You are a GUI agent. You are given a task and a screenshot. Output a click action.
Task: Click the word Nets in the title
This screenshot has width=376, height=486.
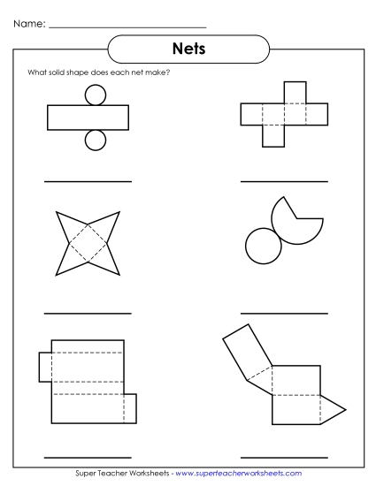click(x=188, y=49)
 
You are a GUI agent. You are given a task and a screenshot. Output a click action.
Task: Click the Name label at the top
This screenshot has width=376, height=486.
click(x=29, y=25)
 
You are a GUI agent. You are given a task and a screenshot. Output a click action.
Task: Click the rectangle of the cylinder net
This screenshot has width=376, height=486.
click(x=88, y=117)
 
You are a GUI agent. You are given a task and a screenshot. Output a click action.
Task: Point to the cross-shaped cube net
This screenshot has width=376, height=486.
click(x=283, y=116)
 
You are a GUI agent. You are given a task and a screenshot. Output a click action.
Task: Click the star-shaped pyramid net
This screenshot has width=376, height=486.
click(x=87, y=241)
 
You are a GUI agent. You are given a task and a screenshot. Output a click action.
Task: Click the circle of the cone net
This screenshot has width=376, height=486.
click(x=261, y=246)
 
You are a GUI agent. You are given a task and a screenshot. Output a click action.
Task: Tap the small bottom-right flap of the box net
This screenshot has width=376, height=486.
click(x=129, y=407)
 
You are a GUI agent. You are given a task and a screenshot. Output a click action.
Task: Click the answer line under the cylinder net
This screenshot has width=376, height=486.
click(x=88, y=180)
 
